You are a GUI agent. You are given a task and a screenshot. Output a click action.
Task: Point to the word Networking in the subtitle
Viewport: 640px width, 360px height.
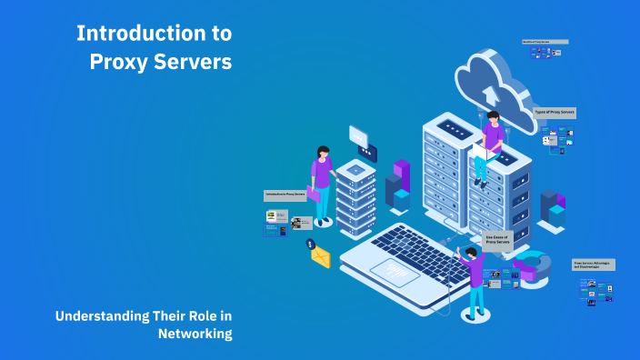click(195, 334)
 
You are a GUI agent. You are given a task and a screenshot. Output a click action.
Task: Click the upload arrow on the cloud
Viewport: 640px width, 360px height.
click(492, 93)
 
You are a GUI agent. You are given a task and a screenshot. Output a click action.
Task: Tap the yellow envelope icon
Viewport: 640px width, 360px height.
click(320, 257)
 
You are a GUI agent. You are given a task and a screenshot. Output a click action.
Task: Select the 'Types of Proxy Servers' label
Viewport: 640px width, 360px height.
click(555, 112)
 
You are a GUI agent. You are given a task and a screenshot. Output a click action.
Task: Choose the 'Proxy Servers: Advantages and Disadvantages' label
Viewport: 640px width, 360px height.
click(594, 265)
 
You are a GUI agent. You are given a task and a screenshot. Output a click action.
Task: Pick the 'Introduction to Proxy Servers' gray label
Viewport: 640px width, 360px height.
click(285, 195)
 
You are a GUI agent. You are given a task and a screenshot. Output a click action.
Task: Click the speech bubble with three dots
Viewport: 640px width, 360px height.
click(358, 136)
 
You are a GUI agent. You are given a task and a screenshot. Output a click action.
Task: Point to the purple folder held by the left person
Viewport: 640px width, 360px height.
click(313, 193)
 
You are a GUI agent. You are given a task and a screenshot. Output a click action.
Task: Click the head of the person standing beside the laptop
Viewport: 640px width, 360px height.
click(470, 252)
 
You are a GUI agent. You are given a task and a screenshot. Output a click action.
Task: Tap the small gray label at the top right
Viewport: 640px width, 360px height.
click(545, 41)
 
